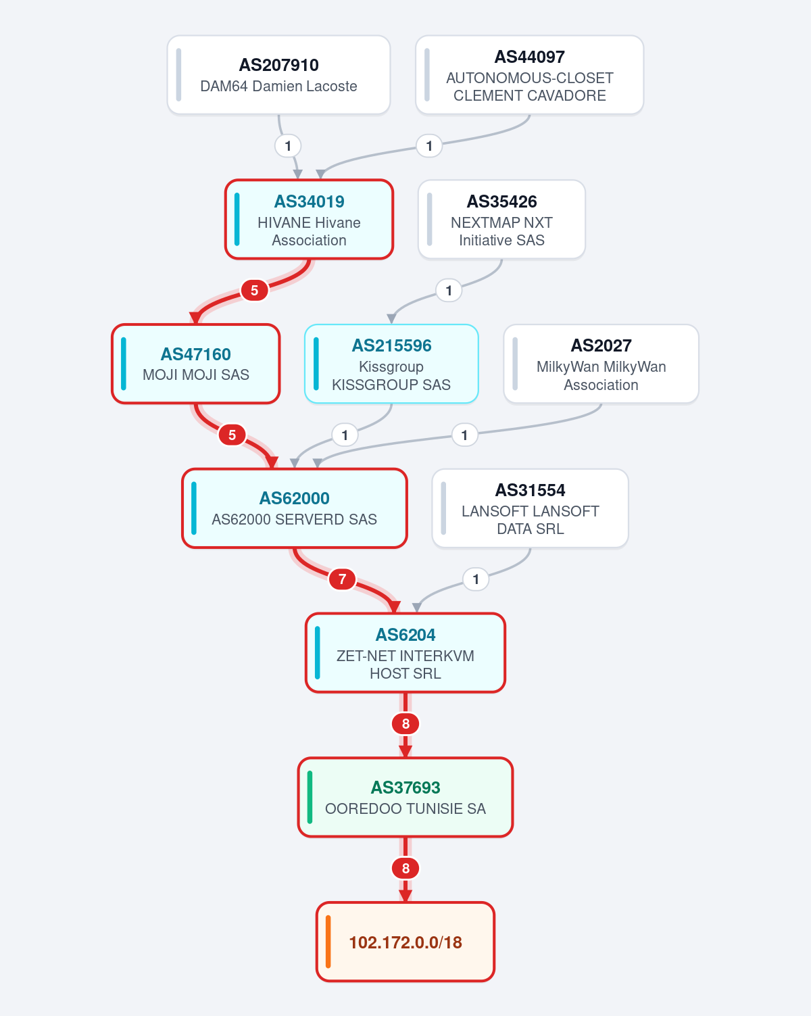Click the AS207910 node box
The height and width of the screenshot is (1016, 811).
278,74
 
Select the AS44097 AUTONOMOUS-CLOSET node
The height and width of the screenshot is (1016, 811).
529,74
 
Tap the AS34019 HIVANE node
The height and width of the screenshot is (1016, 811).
310,219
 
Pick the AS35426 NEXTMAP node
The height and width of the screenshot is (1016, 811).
501,219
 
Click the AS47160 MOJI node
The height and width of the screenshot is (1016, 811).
196,364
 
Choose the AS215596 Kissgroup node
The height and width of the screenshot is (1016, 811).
391,364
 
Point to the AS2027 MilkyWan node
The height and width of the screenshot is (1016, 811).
601,364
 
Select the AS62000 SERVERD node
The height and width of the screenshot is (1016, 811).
295,508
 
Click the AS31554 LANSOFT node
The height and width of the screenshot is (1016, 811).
530,508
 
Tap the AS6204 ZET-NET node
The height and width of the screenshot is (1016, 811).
405,652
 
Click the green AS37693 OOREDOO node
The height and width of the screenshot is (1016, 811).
405,797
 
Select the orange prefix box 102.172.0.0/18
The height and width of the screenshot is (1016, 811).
405,942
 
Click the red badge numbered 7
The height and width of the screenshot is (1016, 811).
342,579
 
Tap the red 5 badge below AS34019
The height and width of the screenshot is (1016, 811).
254,290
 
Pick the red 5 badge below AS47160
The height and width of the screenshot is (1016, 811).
232,435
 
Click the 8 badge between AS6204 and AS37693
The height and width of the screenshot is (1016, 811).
405,723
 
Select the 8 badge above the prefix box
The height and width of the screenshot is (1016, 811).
405,868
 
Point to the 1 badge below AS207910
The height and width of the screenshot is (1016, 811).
288,145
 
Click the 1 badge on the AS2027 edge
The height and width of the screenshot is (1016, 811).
464,435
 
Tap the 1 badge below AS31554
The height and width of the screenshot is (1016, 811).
476,579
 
